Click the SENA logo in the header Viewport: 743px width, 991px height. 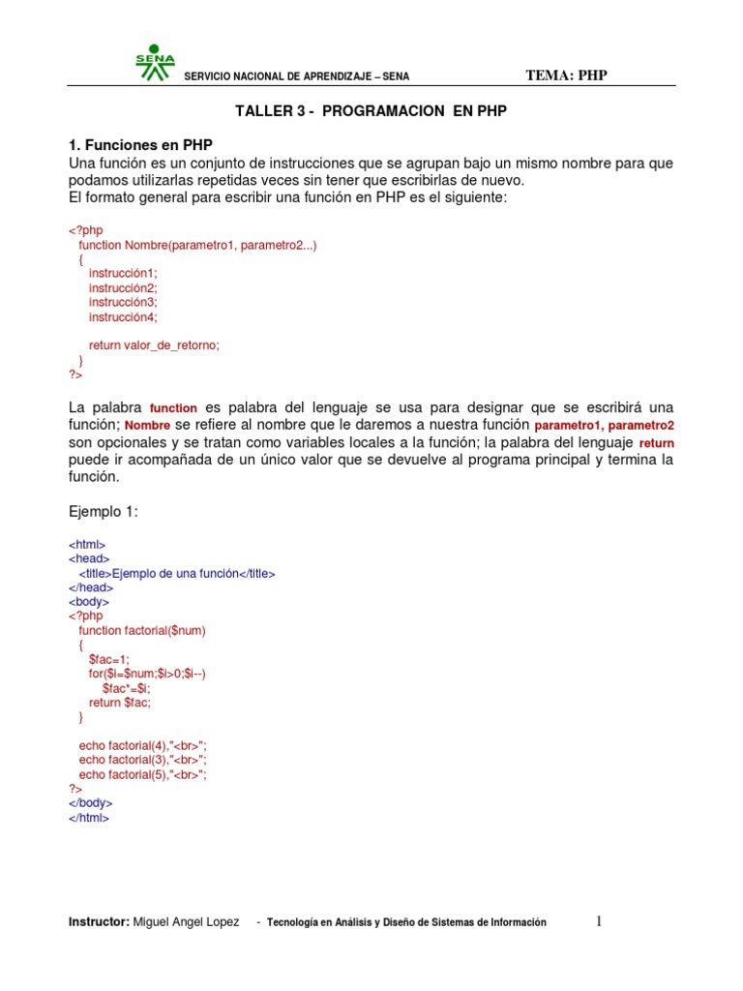155,61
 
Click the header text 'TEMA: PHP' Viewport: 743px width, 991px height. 566,75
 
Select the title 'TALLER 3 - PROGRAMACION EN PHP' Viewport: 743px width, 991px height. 371,111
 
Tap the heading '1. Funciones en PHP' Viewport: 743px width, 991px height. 140,144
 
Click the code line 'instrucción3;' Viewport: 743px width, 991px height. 122,302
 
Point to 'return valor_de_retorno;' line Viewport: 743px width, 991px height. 154,345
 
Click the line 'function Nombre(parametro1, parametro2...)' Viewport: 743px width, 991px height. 197,246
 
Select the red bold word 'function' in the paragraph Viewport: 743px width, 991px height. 174,408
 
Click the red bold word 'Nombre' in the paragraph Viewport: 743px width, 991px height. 147,426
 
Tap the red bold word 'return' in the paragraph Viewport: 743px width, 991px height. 656,443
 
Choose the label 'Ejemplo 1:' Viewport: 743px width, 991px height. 104,512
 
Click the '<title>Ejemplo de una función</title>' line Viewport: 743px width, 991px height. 177,573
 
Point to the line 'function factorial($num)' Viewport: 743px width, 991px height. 142,630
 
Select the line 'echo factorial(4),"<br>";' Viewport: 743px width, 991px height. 143,745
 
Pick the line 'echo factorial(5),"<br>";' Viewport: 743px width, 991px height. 143,774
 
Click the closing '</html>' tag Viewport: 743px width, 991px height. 89,818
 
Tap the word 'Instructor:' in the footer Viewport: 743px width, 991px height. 99,922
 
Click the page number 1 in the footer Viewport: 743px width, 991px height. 599,922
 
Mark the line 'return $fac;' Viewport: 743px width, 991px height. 120,703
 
